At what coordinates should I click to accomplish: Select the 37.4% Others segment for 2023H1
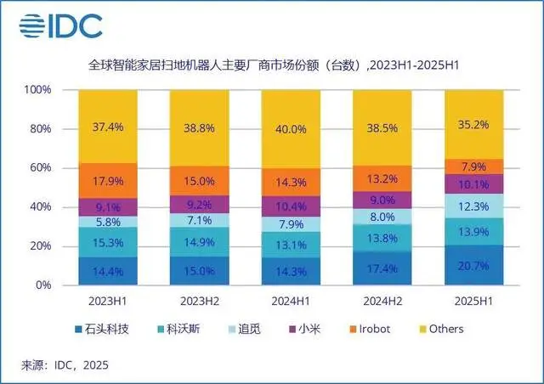click(x=108, y=127)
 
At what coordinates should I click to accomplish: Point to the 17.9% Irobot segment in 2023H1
click(x=108, y=180)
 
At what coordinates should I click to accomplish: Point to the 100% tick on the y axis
click(x=38, y=90)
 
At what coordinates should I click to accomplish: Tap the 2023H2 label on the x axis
click(x=200, y=301)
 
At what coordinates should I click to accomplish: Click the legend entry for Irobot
click(x=372, y=328)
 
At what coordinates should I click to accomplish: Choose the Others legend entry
click(x=439, y=328)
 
